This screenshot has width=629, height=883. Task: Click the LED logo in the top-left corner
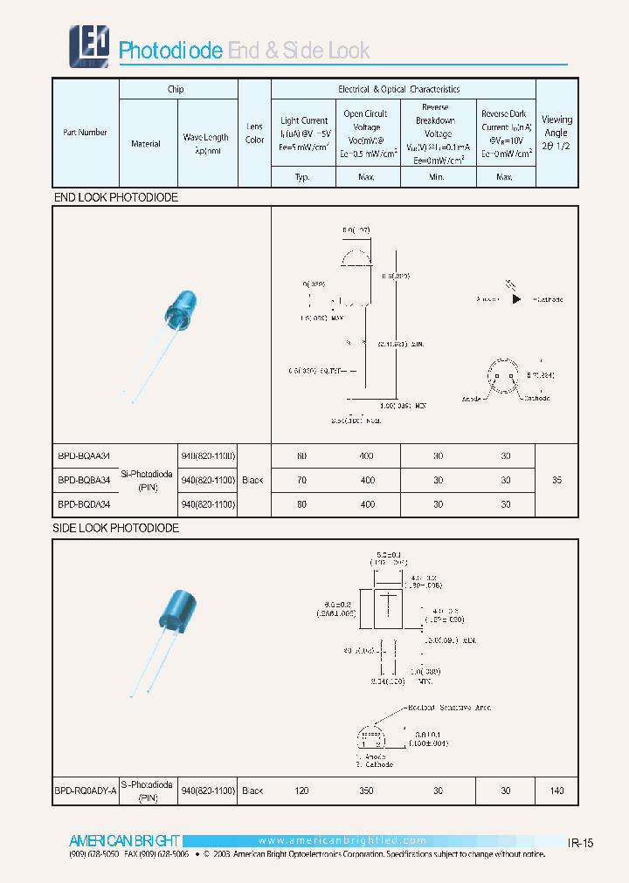point(89,45)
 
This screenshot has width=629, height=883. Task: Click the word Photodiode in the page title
point(170,51)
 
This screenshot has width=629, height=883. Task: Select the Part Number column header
point(85,133)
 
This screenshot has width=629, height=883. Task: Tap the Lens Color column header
point(254,133)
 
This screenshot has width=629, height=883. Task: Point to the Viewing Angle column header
point(556,133)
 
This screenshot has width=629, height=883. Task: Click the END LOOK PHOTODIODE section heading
point(116,198)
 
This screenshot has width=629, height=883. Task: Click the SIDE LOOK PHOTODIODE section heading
point(116,529)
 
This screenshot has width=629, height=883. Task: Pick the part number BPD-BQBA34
point(84,480)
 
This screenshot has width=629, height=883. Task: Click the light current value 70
point(302,480)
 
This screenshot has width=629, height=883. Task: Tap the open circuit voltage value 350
point(367,791)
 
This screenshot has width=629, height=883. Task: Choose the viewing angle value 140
point(556,791)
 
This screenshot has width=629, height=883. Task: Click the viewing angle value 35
point(556,480)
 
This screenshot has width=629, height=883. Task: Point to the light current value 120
point(302,791)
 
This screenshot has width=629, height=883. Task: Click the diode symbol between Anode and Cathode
point(516,299)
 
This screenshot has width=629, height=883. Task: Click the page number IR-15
point(581,843)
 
